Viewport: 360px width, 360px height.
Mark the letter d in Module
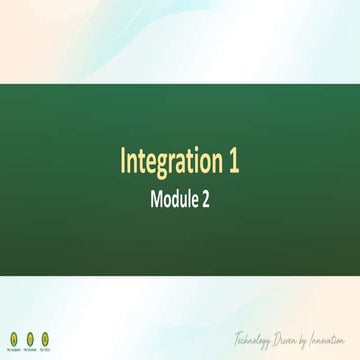pos(178,197)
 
